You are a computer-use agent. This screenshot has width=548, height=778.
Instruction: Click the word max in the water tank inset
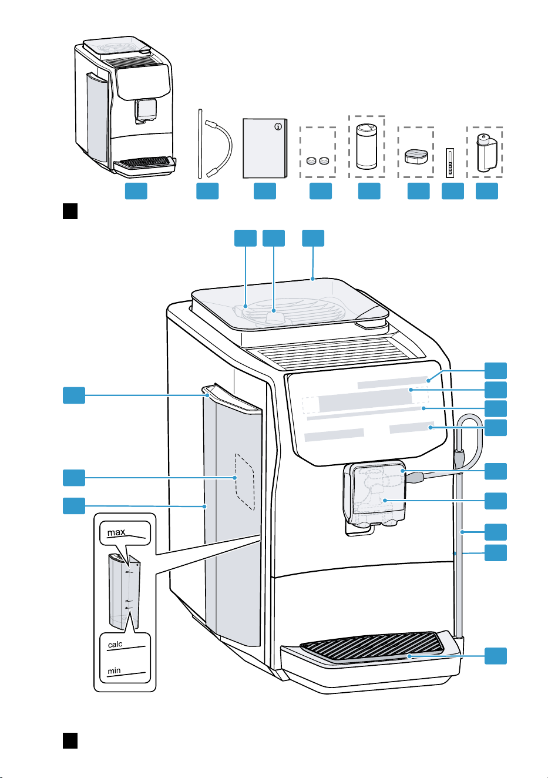[x=116, y=532]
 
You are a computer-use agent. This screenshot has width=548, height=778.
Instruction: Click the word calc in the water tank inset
[x=115, y=644]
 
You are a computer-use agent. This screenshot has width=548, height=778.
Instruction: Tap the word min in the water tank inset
[x=115, y=670]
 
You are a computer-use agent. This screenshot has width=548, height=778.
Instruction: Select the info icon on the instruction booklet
[x=278, y=126]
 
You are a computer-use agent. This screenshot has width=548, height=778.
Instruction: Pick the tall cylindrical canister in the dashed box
[x=367, y=146]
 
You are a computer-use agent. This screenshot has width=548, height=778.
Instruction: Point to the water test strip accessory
[x=450, y=163]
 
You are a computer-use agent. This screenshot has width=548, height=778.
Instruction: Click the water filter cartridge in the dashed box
[x=486, y=153]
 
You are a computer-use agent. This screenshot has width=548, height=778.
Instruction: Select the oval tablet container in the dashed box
[x=416, y=156]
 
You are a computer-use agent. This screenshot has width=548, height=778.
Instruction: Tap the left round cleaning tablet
[x=311, y=160]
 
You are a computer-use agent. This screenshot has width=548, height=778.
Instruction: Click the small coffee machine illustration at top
[x=125, y=106]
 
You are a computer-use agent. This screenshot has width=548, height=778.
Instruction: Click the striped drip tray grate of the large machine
[x=372, y=646]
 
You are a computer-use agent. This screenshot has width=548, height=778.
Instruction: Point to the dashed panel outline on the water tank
[x=245, y=481]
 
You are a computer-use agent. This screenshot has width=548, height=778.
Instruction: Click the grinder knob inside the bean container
[x=274, y=316]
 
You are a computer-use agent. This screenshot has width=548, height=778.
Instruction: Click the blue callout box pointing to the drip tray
[x=496, y=656]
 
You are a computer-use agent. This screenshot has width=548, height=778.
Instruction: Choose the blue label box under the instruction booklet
[x=265, y=191]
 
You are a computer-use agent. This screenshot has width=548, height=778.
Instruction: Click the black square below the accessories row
[x=70, y=211]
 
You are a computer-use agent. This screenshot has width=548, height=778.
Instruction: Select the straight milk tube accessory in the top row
[x=200, y=144]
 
